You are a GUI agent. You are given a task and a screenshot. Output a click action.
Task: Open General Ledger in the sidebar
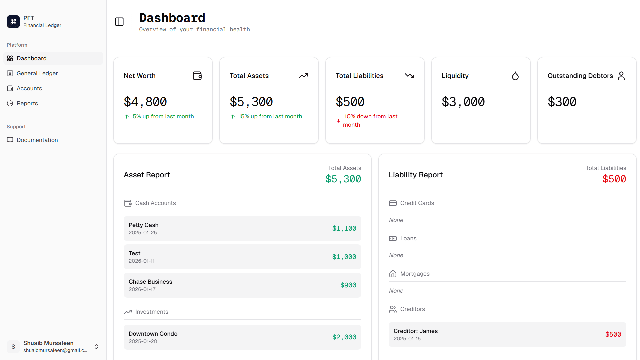coord(37,73)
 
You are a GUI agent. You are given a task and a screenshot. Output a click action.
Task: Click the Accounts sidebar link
coord(29,88)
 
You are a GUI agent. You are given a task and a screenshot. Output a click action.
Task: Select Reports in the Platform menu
coord(27,103)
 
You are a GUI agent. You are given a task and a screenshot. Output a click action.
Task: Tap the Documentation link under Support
coord(37,140)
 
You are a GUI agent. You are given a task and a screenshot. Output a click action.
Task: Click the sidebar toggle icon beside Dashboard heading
coord(119,22)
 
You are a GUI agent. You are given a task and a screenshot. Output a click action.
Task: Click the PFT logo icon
coord(13,22)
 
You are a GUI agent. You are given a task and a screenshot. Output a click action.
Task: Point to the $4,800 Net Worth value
coord(145,102)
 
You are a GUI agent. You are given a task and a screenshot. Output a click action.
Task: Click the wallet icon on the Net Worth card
coord(197,76)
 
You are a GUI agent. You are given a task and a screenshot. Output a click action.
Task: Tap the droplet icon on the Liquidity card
coord(515,76)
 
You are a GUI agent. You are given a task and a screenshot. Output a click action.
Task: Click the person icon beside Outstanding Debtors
coord(621,76)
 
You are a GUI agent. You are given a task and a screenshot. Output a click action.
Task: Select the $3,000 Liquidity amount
coord(463,102)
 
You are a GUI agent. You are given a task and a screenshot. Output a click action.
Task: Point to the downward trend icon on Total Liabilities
coord(409,76)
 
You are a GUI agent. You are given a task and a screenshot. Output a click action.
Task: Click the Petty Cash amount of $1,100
coord(344,229)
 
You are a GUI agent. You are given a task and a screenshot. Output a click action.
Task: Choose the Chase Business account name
coord(150,282)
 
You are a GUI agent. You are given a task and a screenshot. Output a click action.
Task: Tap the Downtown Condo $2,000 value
coord(344,337)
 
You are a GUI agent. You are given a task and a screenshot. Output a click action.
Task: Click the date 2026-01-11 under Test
coord(142,261)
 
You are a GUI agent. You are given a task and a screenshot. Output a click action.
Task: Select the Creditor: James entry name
coord(416,331)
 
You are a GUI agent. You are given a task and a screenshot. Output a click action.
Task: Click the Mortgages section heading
coord(415,274)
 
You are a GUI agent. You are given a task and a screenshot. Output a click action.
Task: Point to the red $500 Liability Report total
coord(614,179)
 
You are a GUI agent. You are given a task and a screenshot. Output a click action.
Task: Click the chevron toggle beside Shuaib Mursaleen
coord(96,347)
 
